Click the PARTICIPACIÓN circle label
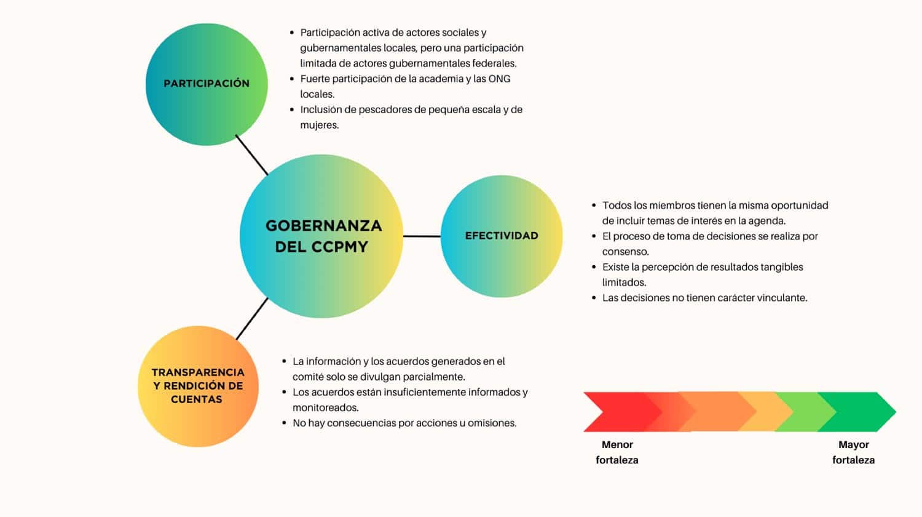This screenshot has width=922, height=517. pos(206,83)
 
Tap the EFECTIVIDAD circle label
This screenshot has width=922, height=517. pos(502,235)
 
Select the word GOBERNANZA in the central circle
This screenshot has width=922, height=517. pos(323,225)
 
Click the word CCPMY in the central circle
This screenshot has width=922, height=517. pos(339,247)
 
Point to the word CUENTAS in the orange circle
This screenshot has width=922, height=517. pos(196,399)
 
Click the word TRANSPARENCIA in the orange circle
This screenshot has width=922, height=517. pos(198,372)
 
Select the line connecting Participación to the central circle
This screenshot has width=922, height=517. pos(251,154)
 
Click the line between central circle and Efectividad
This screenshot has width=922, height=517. pos(422,236)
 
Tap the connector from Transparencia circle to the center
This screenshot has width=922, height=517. pos(252,319)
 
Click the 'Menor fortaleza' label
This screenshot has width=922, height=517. pos(617,452)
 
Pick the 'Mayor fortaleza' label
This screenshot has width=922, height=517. pos(853,452)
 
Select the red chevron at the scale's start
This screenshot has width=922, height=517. pos(621,412)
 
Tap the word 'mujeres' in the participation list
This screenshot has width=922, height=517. pos(319,126)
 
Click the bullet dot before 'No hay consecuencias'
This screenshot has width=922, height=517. pos(285,423)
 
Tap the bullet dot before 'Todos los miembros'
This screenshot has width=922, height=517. pos(594,206)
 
